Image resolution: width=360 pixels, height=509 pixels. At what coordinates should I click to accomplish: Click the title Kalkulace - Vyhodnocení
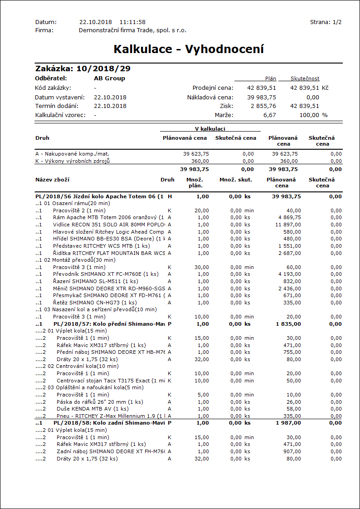click(189, 49)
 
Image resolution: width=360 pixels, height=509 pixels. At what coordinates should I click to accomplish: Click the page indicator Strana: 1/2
click(326, 22)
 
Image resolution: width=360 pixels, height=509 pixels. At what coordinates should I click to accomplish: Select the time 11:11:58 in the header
click(132, 22)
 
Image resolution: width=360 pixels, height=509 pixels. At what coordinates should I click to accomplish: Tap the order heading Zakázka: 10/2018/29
click(83, 69)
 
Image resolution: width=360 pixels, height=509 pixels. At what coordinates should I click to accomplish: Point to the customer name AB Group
click(109, 78)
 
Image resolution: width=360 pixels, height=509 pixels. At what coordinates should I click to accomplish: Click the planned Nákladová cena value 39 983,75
click(262, 97)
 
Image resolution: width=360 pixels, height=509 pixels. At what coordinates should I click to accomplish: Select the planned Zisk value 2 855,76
click(263, 106)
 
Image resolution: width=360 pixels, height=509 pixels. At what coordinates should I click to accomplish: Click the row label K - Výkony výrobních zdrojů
click(73, 161)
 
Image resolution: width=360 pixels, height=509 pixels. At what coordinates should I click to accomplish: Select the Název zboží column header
click(52, 180)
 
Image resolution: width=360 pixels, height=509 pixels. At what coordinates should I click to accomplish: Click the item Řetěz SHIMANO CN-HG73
click(88, 303)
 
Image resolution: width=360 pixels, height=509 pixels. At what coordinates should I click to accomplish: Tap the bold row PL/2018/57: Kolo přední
click(108, 324)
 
